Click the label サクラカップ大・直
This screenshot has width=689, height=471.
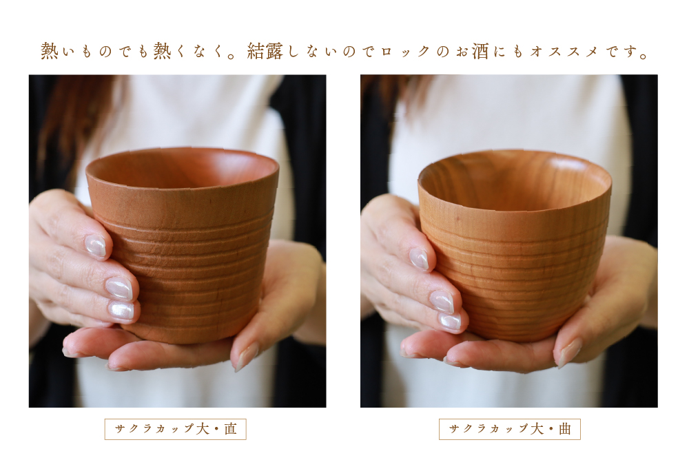tap(176, 429)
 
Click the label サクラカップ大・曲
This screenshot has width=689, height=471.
tap(510, 429)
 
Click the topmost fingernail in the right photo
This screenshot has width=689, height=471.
tap(419, 258)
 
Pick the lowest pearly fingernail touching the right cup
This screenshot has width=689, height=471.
tap(449, 321)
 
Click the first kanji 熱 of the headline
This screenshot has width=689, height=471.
tap(50, 52)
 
